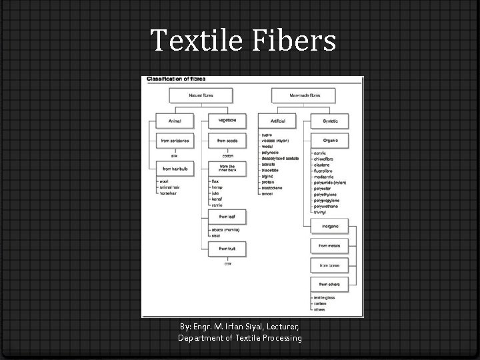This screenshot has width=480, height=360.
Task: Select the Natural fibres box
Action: pyautogui.click(x=201, y=96)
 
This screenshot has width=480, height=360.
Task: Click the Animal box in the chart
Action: pyautogui.click(x=175, y=121)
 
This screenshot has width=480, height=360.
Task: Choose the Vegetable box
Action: pyautogui.click(x=227, y=120)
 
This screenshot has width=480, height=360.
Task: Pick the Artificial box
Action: pyautogui.click(x=277, y=121)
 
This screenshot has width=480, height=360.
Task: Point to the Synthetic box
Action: pyautogui.click(x=329, y=121)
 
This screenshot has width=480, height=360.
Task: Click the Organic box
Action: pyautogui.click(x=329, y=141)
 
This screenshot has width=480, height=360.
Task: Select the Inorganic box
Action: pyautogui.click(x=329, y=226)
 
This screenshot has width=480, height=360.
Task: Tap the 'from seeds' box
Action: pyautogui.click(x=227, y=141)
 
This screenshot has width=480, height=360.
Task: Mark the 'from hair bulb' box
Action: pyautogui.click(x=175, y=169)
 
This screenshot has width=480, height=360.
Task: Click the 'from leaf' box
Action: pyautogui.click(x=227, y=217)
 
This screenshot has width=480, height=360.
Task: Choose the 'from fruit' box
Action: pyautogui.click(x=227, y=248)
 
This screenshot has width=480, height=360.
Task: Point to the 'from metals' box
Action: pyautogui.click(x=329, y=245)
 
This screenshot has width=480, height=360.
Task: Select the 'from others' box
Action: pyautogui.click(x=329, y=285)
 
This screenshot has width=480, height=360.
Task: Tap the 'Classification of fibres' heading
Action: pyautogui.click(x=177, y=79)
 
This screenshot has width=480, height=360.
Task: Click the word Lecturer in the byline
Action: pyautogui.click(x=283, y=327)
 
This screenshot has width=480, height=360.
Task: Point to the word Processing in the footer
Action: pyautogui.click(x=279, y=338)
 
